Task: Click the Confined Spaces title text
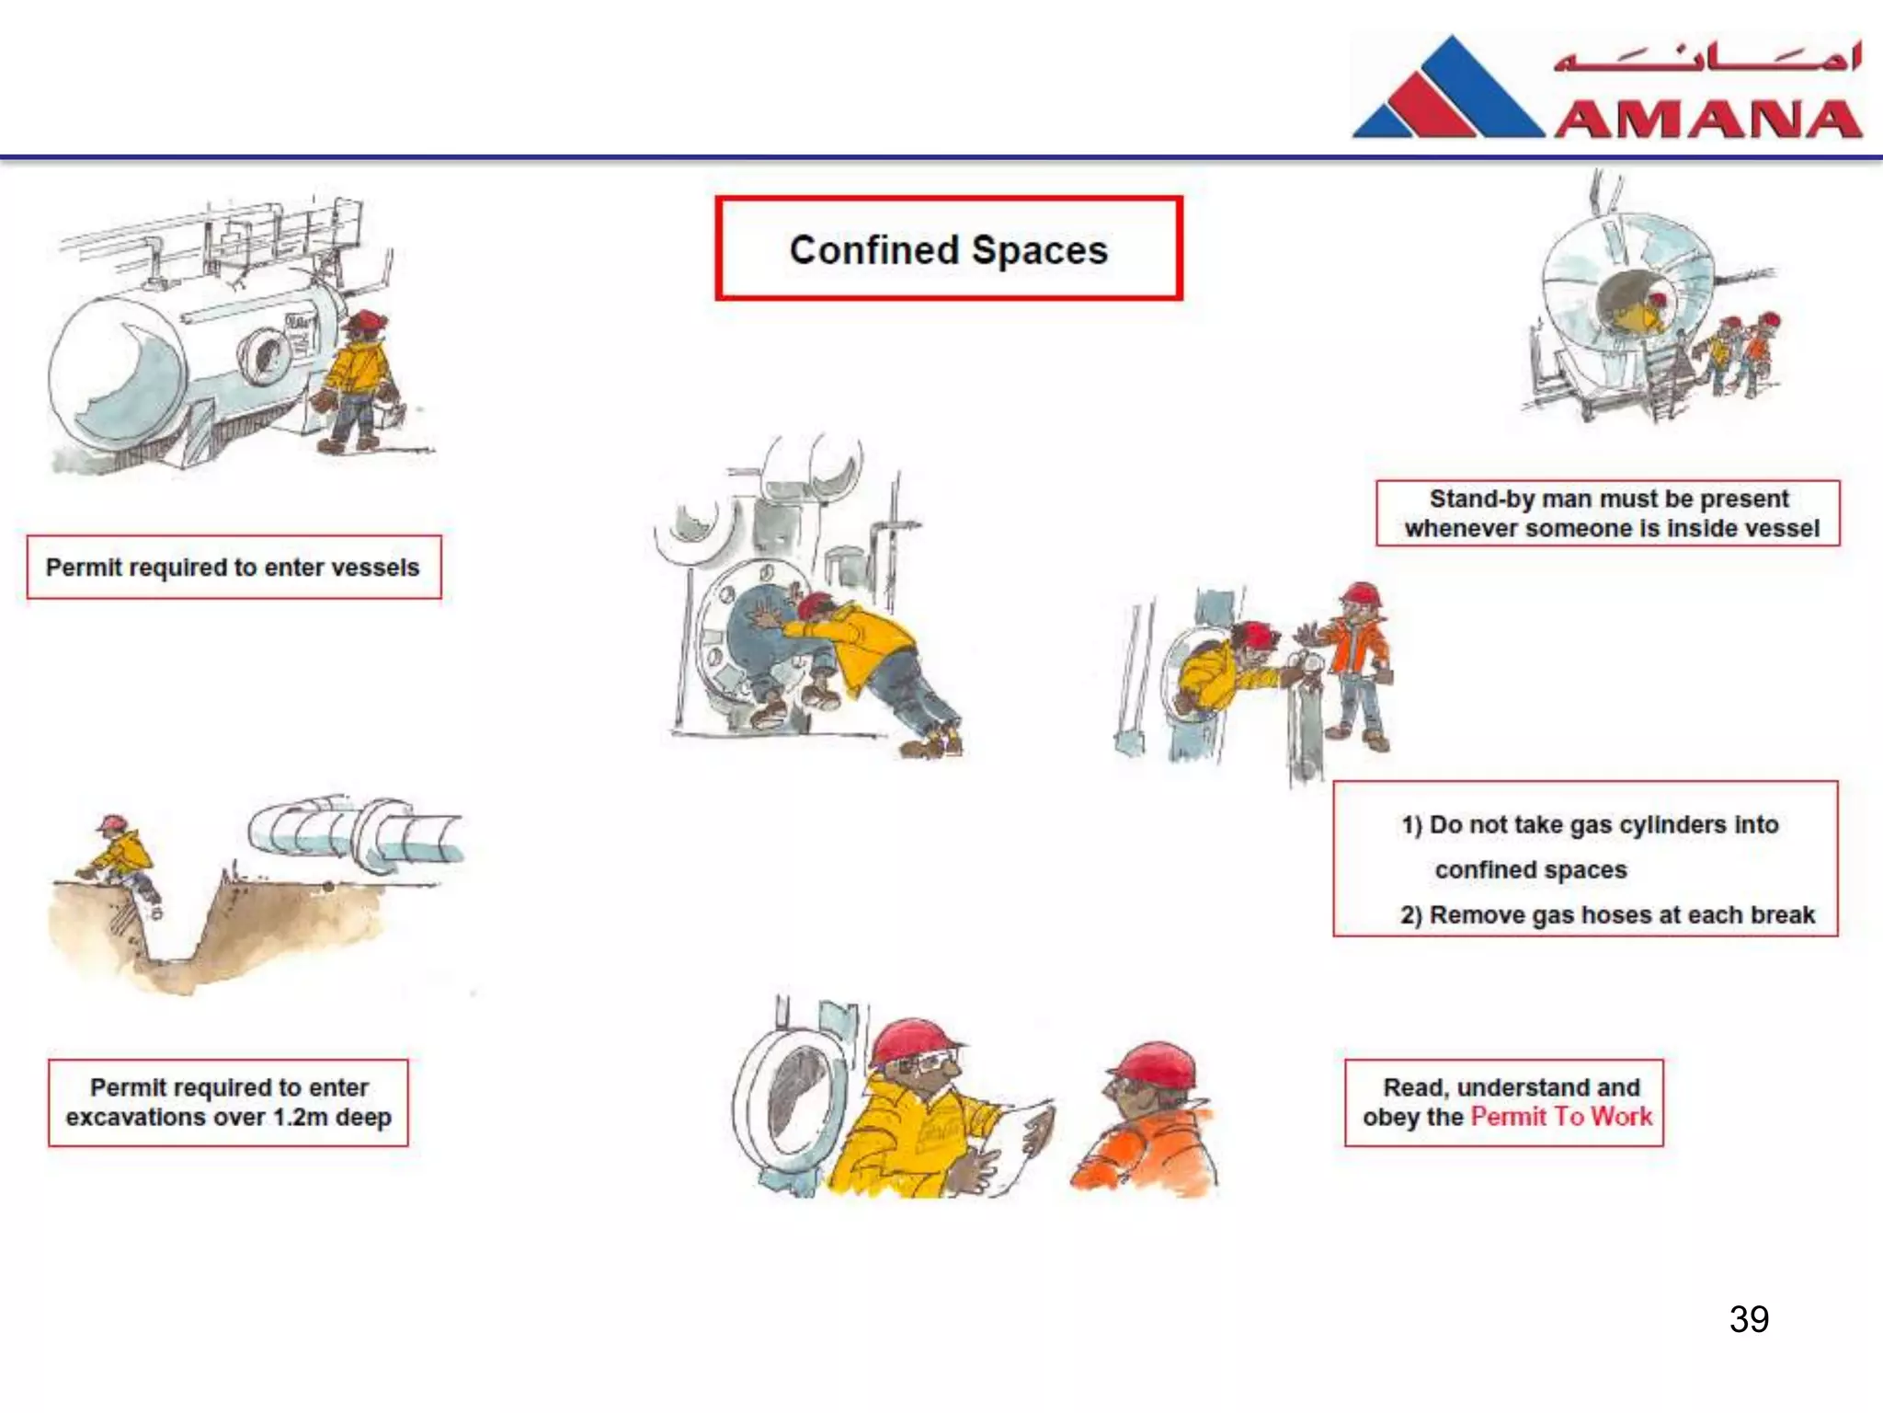tap(948, 250)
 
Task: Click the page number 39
tap(1748, 1319)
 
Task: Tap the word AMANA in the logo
tap(1708, 119)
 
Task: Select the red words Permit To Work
tap(1560, 1117)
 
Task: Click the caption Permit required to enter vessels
tap(233, 568)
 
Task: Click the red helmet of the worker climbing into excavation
tap(112, 822)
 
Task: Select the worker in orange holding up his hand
tap(1357, 662)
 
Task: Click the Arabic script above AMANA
tap(1706, 57)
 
